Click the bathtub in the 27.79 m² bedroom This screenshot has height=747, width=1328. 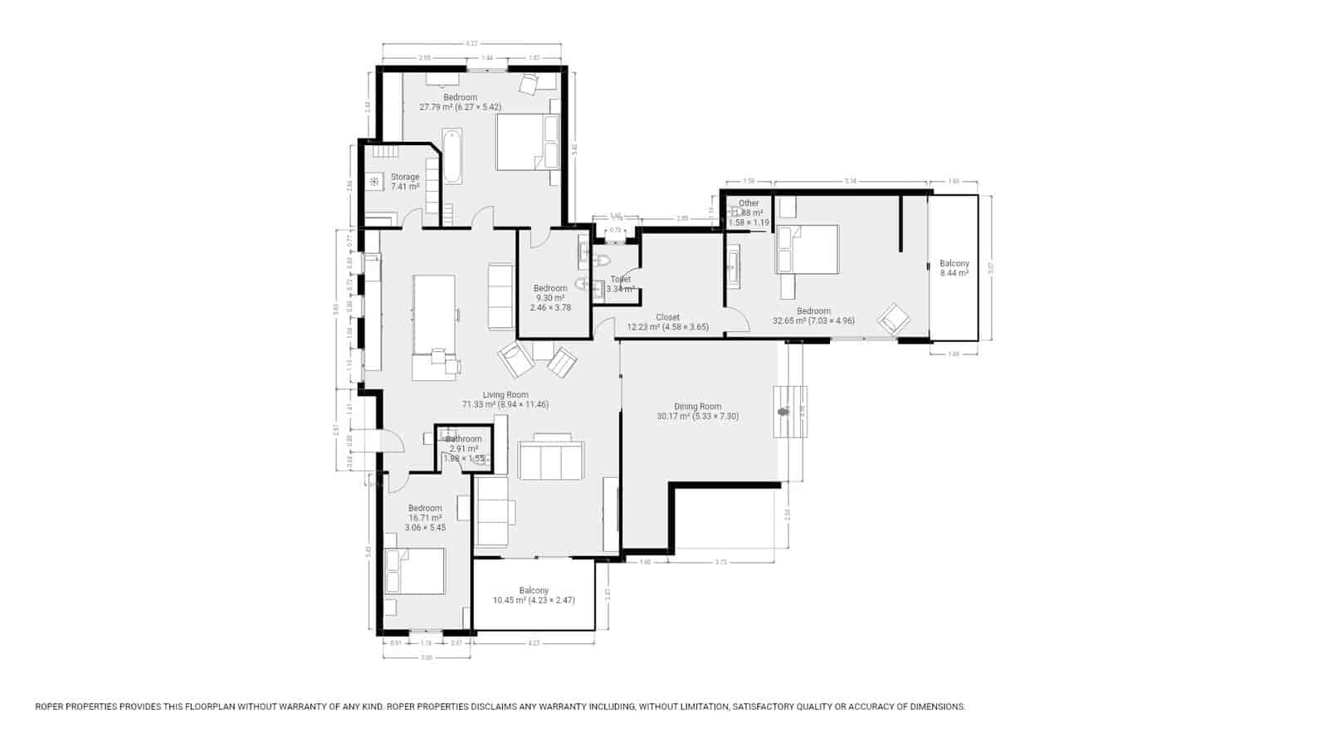(x=452, y=156)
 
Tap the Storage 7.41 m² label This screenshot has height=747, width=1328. (x=405, y=182)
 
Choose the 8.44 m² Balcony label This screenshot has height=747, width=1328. (x=954, y=268)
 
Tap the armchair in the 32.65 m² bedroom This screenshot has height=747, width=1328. (x=895, y=319)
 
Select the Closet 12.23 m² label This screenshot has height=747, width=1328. (x=667, y=322)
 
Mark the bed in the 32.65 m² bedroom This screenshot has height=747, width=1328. (x=807, y=250)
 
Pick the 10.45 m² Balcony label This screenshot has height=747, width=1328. (x=534, y=595)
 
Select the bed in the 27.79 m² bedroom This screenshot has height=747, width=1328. (x=527, y=142)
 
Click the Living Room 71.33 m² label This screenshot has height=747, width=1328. (x=505, y=400)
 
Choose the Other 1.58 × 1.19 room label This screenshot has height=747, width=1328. (x=749, y=212)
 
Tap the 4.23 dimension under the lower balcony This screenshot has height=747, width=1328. (x=534, y=642)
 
